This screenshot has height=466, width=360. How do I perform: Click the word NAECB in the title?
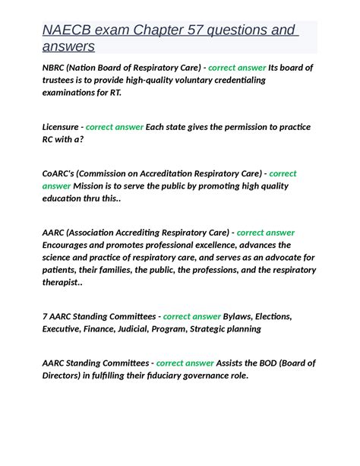point(68,30)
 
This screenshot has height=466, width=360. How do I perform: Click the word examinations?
point(72,93)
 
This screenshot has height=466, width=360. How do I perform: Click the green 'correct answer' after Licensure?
point(114,127)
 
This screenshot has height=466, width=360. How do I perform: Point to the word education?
point(65,198)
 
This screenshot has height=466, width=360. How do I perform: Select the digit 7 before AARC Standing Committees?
point(46,316)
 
